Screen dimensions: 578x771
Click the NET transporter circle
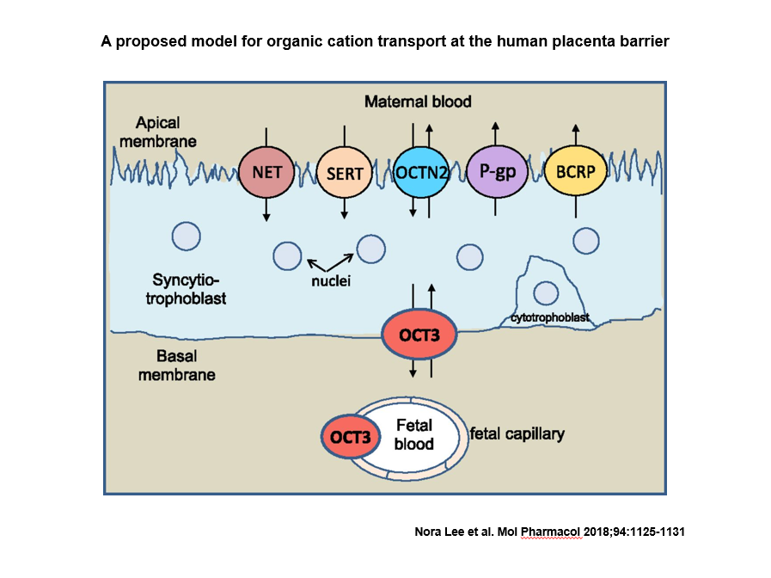pyautogui.click(x=266, y=171)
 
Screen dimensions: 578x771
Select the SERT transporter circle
pyautogui.click(x=345, y=172)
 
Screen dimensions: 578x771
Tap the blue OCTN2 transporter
pyautogui.click(x=420, y=172)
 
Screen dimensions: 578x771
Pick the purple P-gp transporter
pyautogui.click(x=496, y=171)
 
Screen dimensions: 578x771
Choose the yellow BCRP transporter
pyautogui.click(x=575, y=171)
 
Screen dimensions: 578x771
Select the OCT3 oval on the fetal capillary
pyautogui.click(x=350, y=438)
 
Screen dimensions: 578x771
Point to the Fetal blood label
pyautogui.click(x=413, y=434)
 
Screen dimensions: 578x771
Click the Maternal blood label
pyautogui.click(x=418, y=101)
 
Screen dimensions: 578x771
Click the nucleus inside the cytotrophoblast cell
pyautogui.click(x=546, y=292)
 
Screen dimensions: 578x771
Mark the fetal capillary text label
pyautogui.click(x=517, y=433)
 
